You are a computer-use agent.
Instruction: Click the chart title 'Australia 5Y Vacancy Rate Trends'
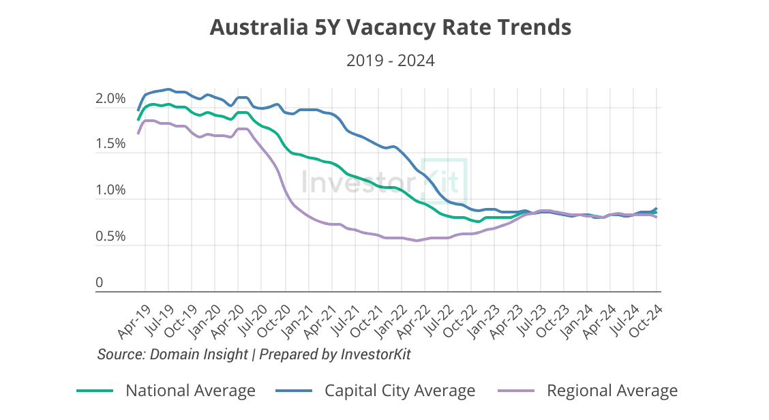[390, 27]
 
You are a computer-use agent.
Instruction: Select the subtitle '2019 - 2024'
[390, 61]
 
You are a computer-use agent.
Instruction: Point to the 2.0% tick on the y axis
[110, 99]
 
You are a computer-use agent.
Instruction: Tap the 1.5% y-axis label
[110, 145]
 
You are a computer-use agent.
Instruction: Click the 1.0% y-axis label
[110, 190]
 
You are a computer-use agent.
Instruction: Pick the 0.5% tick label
[110, 237]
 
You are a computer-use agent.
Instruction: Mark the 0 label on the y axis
[100, 282]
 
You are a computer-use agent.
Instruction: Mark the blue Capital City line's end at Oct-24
[657, 209]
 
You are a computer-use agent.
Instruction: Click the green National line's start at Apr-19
[138, 119]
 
